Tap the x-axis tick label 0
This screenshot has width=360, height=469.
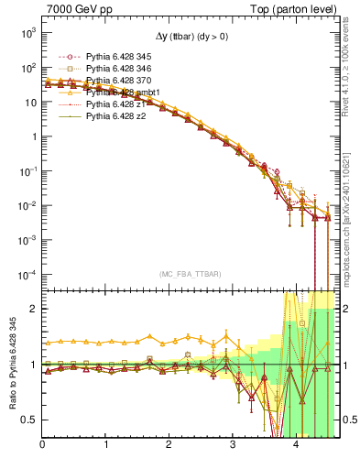pos(43,445)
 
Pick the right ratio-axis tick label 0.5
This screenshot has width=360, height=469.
pos(348,420)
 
